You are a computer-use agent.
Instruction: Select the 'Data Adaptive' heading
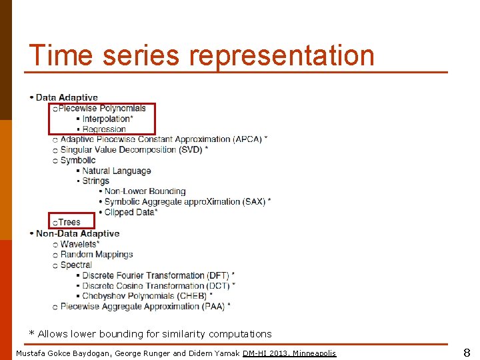coord(67,98)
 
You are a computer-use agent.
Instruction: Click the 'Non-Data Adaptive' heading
coord(77,233)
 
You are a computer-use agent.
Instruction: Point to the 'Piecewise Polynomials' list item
coord(102,108)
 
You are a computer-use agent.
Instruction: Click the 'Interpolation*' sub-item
coord(107,119)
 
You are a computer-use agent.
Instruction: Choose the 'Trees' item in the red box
coord(69,222)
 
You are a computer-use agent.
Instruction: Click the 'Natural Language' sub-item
coord(117,171)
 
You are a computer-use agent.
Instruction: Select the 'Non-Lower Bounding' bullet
coord(145,191)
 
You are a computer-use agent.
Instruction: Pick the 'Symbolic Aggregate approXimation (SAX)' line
coord(185,202)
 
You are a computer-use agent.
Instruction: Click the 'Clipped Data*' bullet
coord(131,212)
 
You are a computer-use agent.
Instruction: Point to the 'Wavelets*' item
coord(80,244)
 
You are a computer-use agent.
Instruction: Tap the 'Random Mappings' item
coord(97,254)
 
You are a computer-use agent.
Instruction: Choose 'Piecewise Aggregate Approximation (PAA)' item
coord(143,306)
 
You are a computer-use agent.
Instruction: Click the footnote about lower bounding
coord(150,333)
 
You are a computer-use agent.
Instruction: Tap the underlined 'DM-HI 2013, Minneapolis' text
coord(289,353)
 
